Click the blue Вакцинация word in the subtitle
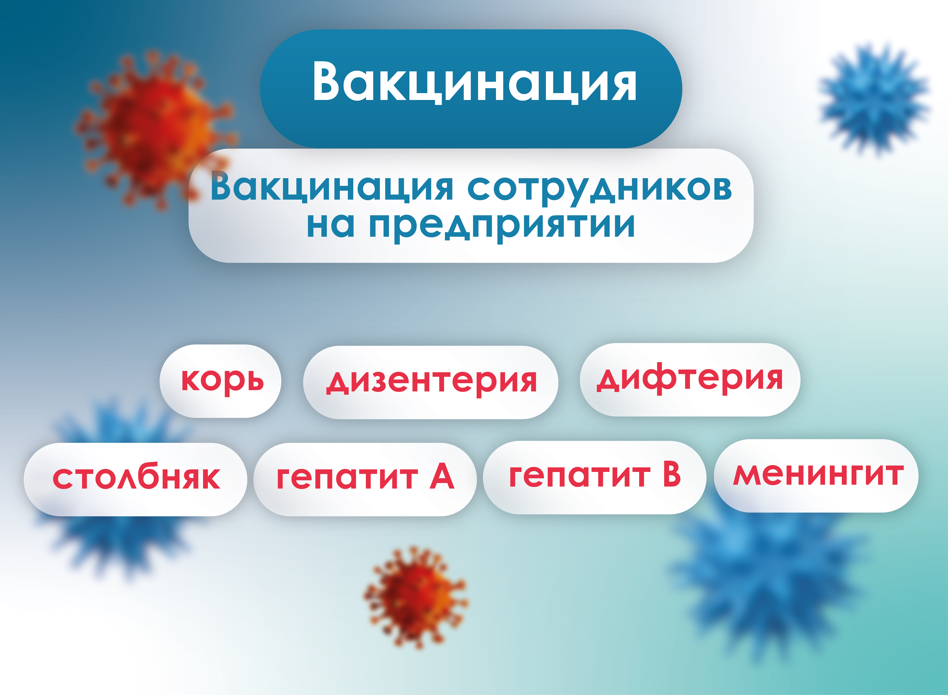click(332, 187)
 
